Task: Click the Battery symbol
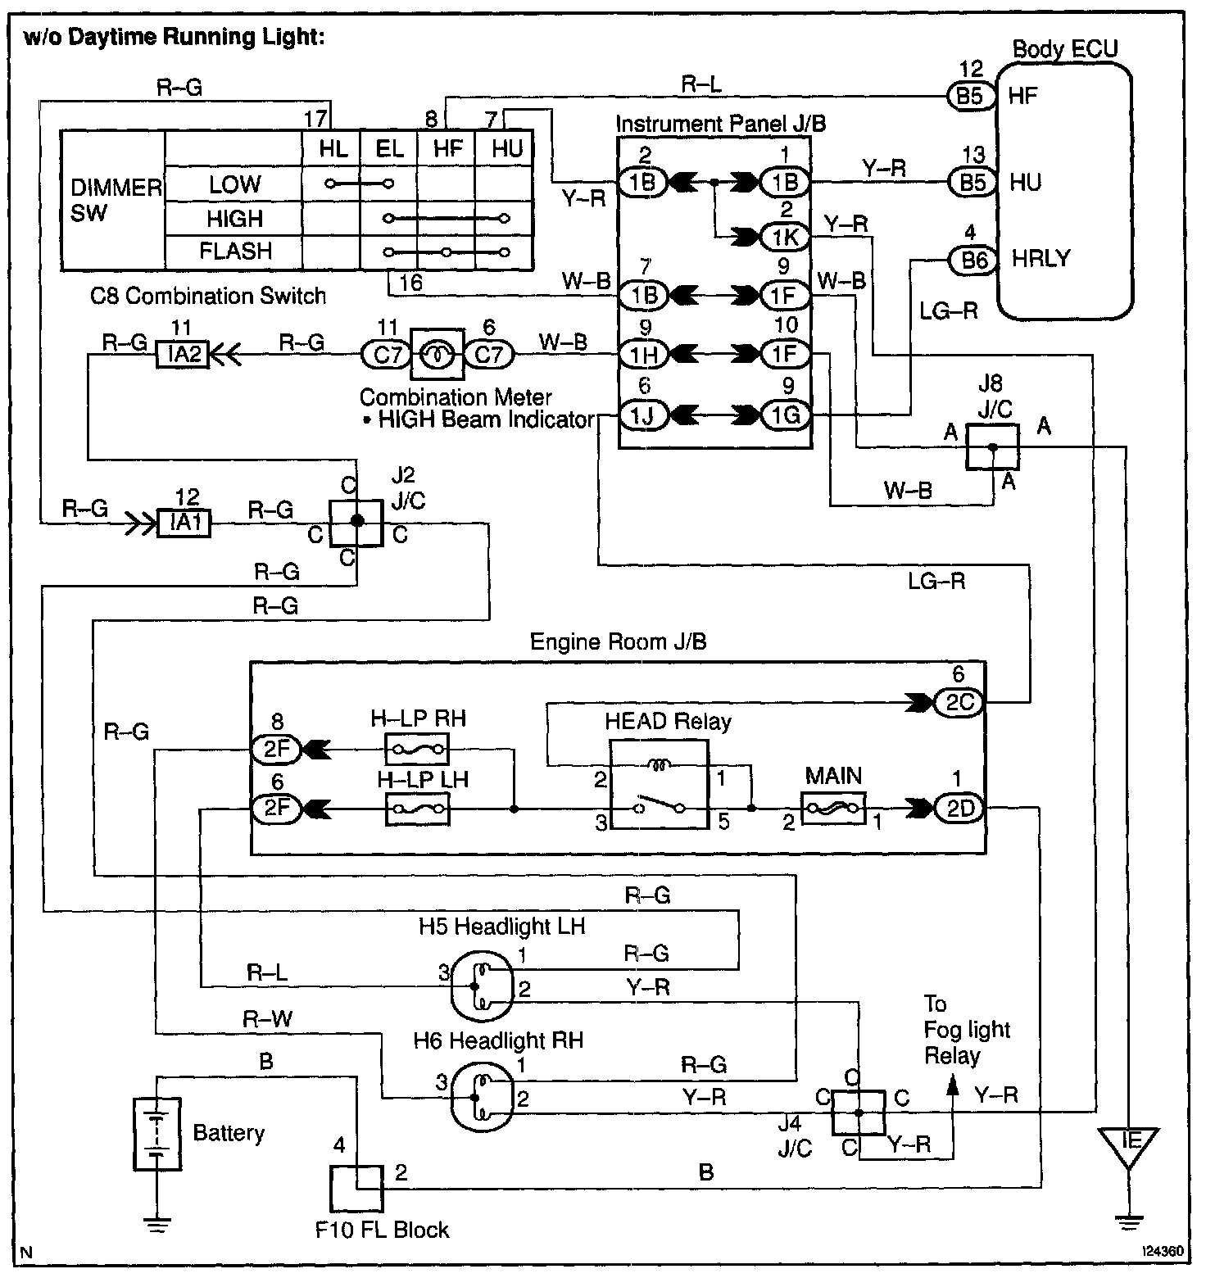156,1134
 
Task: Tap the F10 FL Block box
356,1188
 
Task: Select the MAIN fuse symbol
833,809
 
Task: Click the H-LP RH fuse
417,747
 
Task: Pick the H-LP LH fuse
417,809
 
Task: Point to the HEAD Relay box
660,784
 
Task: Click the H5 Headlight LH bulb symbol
481,981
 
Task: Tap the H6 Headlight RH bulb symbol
481,1095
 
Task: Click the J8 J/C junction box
993,446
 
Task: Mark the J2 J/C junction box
356,523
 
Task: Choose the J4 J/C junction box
859,1112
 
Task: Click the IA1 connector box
184,522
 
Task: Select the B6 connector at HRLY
973,260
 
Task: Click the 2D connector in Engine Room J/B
959,809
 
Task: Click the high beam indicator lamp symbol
438,355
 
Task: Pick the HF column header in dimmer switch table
448,148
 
